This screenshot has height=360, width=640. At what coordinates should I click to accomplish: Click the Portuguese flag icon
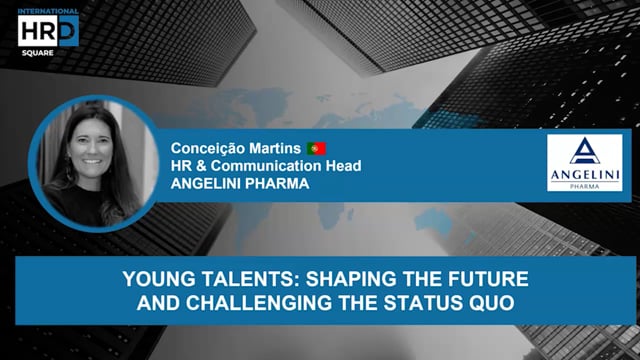pos(316,148)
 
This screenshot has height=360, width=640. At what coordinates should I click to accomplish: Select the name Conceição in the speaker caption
pos(205,148)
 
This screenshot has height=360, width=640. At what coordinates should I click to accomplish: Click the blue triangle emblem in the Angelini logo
pos(585,152)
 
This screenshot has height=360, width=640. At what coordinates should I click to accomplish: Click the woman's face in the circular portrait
pos(89,145)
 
